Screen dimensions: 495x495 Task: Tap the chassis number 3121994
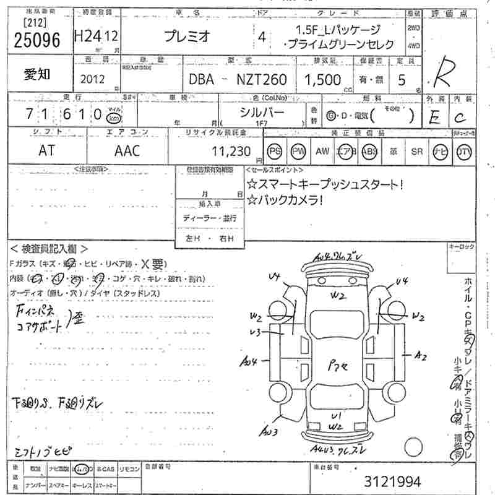[392, 481]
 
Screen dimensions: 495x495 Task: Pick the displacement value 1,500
[322, 79]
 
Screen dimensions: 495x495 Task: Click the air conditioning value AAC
[127, 151]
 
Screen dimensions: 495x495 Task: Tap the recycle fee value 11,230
[231, 152]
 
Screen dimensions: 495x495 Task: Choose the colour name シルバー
[262, 112]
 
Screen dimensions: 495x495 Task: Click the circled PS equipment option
[275, 151]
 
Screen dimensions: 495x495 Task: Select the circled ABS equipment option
[369, 151]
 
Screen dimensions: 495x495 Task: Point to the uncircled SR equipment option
[416, 151]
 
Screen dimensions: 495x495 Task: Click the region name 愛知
[38, 75]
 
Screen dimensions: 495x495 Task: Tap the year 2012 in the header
[93, 79]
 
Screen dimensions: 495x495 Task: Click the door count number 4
[262, 37]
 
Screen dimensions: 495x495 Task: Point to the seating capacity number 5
[403, 79]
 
